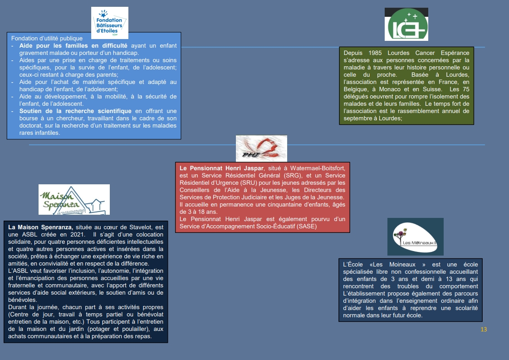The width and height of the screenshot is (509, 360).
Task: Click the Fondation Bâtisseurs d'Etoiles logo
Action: pyautogui.click(x=110, y=23)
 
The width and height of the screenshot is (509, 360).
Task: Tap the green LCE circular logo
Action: pyautogui.click(x=406, y=25)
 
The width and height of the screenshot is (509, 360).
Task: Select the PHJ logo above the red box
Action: pyautogui.click(x=261, y=148)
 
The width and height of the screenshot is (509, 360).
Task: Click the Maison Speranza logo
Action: pyautogui.click(x=74, y=199)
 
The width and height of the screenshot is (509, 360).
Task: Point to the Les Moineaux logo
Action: pyautogui.click(x=415, y=237)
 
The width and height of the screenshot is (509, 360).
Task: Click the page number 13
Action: pyautogui.click(x=484, y=330)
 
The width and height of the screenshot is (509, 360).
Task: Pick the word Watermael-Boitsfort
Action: pyautogui.click(x=318, y=168)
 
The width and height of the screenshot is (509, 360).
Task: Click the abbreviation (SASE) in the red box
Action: pyautogui.click(x=306, y=226)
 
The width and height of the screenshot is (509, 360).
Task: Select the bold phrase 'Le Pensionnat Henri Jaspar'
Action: pyautogui.click(x=221, y=168)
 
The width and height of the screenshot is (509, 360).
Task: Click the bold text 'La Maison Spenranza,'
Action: pyautogui.click(x=40, y=227)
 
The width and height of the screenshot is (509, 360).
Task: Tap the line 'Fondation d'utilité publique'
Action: pyautogui.click(x=47, y=38)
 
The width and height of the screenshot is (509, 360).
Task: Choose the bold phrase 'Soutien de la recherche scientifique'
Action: pyautogui.click(x=75, y=111)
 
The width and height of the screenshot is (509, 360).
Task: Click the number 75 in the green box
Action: pyautogui.click(x=466, y=89)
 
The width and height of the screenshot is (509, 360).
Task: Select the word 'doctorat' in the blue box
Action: pyautogui.click(x=31, y=126)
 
